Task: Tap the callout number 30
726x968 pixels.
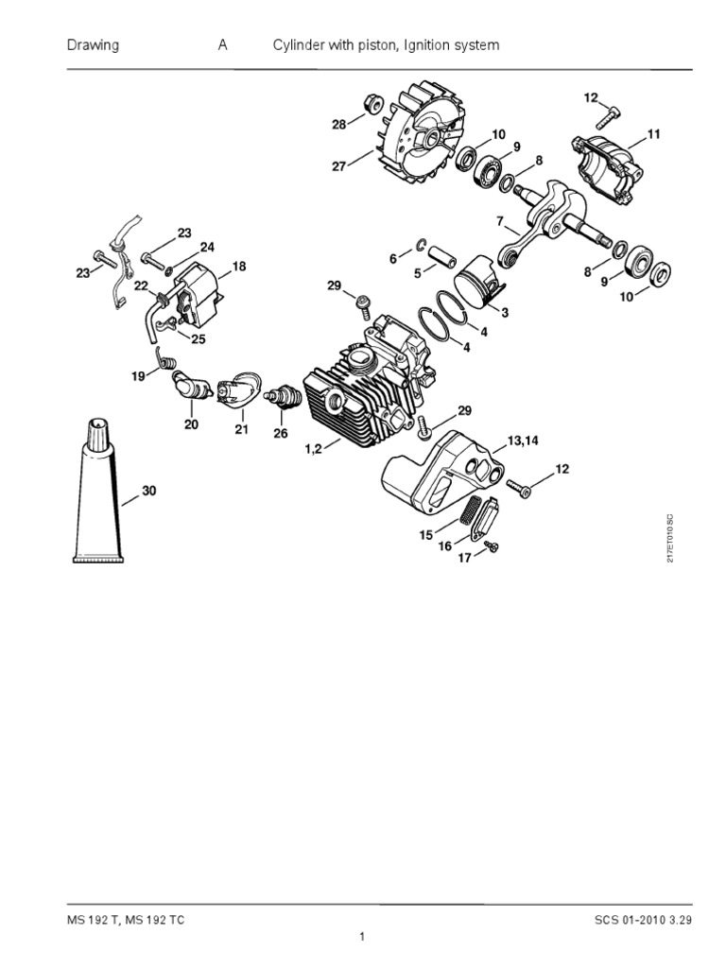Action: click(x=149, y=491)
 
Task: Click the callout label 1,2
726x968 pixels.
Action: click(x=315, y=450)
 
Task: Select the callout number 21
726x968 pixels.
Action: click(x=241, y=430)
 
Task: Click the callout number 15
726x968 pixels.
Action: click(x=425, y=534)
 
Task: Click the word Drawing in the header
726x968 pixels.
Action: click(x=93, y=45)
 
